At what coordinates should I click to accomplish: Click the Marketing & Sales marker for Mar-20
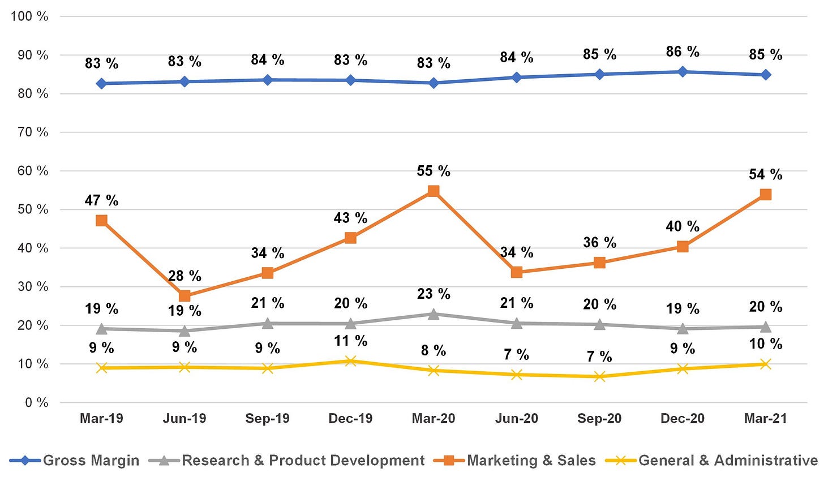tap(434, 191)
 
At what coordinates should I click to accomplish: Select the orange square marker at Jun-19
tap(184, 296)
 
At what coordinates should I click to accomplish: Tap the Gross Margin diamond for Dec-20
tap(683, 72)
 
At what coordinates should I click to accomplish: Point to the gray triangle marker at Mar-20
tap(434, 315)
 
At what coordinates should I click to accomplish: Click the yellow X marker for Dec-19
tap(350, 361)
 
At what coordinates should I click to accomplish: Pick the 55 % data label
tap(434, 171)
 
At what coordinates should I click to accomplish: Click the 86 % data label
tap(683, 52)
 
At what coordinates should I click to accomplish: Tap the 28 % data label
tap(184, 276)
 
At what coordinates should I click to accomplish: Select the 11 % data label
tap(350, 341)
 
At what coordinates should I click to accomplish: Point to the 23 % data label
tap(434, 294)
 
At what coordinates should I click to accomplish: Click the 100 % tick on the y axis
tap(29, 16)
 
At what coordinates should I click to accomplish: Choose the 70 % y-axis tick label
tap(33, 132)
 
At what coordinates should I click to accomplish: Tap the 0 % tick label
tap(36, 402)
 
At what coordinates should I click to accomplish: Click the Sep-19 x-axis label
tap(268, 418)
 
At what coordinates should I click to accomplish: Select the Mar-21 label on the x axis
tap(766, 418)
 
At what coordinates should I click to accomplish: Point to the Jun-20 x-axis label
tap(517, 418)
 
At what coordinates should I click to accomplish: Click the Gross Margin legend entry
tap(74, 461)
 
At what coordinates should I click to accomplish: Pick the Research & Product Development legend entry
tap(287, 461)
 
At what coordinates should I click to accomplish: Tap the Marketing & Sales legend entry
tap(514, 461)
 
